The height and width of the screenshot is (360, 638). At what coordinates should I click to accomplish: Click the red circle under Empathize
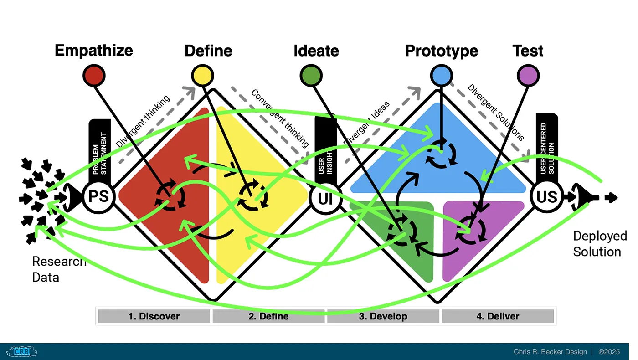94,75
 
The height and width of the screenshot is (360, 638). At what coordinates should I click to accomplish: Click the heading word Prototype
441,51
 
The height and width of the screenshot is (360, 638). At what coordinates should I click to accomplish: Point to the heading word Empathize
94,50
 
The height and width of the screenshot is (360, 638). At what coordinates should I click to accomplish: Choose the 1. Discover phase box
154,316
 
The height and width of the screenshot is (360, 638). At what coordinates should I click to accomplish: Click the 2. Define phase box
268,316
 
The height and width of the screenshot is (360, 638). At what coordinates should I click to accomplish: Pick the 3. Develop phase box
383,316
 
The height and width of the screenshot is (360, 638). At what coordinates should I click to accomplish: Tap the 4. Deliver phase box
498,316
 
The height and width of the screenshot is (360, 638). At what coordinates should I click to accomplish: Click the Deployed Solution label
599,244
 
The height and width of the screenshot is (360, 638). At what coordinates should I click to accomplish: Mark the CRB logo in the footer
22,352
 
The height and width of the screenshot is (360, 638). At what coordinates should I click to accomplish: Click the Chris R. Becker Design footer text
551,352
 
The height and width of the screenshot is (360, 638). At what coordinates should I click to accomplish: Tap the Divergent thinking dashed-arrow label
143,121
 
